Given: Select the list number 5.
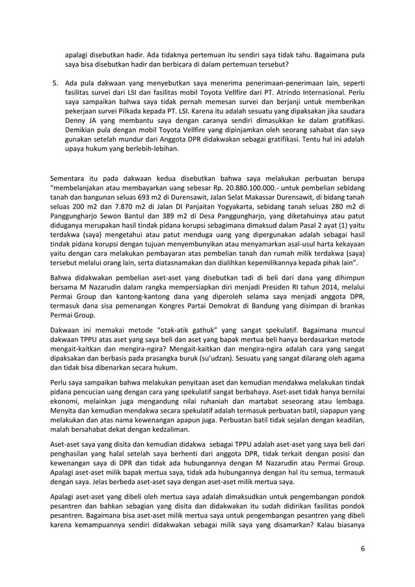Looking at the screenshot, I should click(55, 85).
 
